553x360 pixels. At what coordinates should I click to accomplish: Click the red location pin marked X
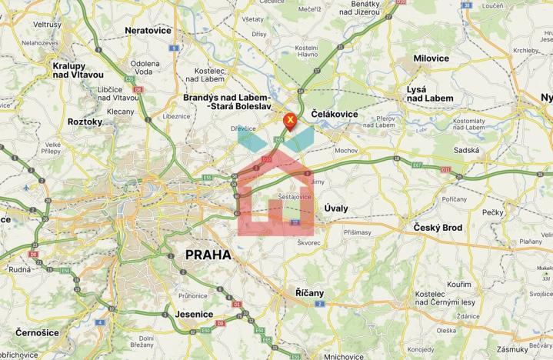click(290, 121)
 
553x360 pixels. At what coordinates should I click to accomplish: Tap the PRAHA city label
click(208, 255)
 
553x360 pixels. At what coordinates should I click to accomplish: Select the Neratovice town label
click(148, 31)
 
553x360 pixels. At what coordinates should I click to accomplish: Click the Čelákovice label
click(335, 114)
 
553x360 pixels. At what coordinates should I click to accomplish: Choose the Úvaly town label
click(336, 208)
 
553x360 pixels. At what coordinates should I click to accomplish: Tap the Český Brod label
click(438, 228)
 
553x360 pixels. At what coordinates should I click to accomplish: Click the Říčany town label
click(310, 293)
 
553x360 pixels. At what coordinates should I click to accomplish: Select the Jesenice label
click(193, 314)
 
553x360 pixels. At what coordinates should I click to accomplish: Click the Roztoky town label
click(85, 122)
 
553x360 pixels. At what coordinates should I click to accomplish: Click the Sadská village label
click(467, 151)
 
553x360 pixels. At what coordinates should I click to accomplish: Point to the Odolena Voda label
click(145, 67)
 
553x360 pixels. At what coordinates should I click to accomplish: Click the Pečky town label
click(492, 212)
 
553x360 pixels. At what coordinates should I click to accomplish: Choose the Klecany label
click(120, 112)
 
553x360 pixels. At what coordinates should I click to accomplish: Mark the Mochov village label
click(346, 151)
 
